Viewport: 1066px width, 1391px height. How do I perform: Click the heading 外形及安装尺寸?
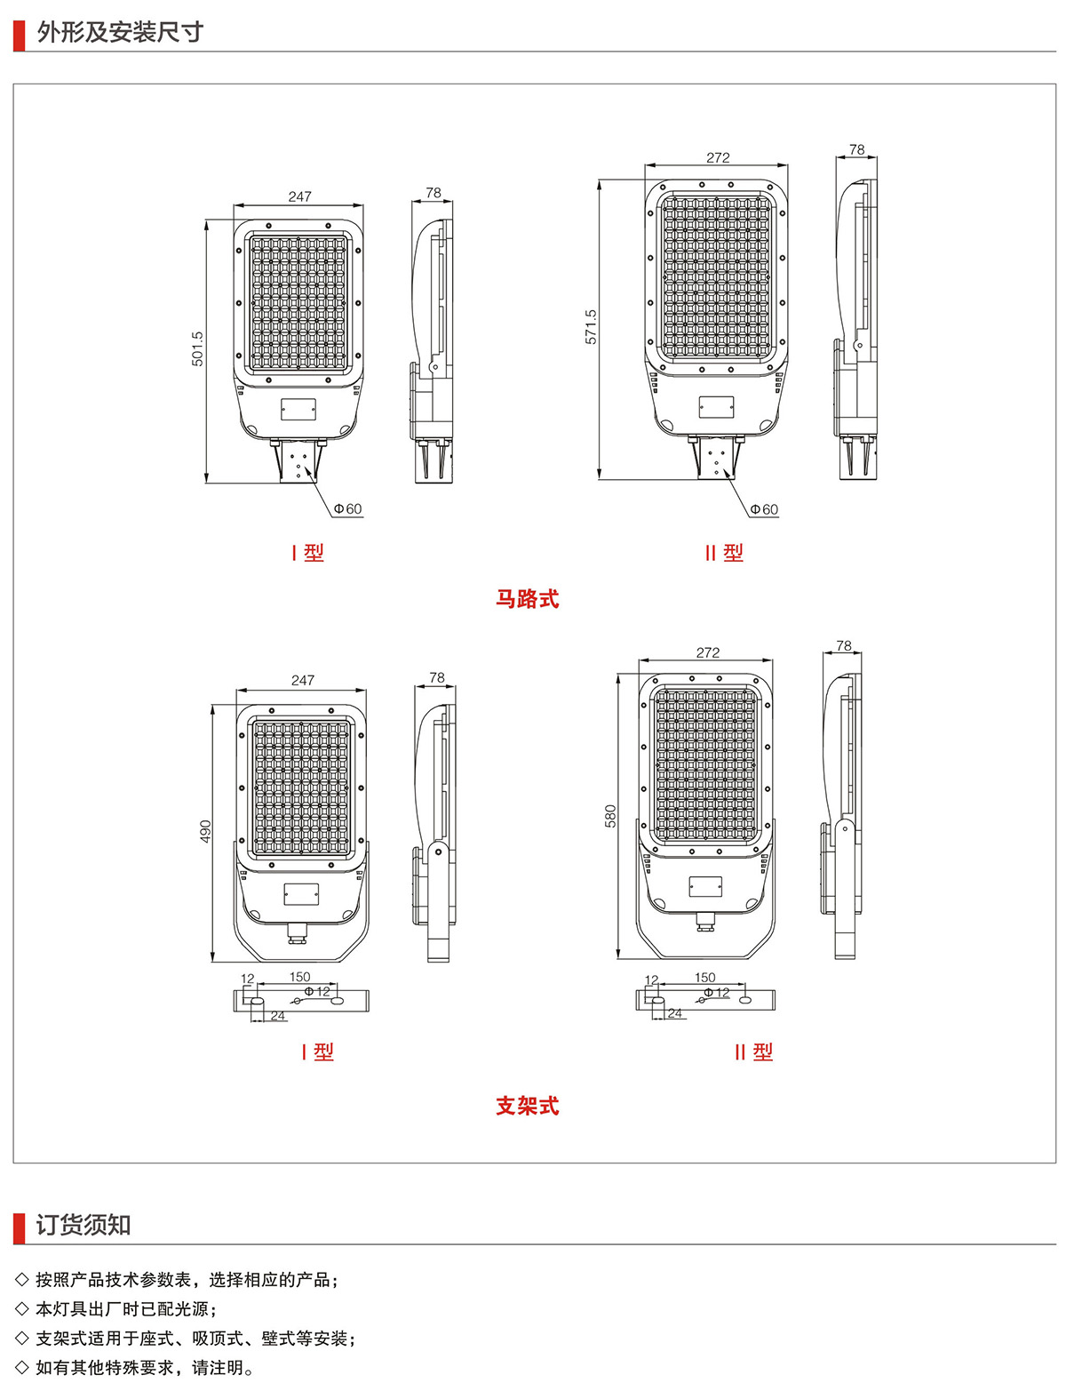pos(120,33)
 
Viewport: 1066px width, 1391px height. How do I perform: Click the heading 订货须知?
pos(84,1225)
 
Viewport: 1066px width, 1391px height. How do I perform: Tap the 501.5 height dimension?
pos(197,348)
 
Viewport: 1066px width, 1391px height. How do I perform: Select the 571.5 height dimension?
pos(591,327)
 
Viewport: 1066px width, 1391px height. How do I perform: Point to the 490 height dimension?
pos(205,832)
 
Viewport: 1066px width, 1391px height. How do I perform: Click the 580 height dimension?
pos(610,816)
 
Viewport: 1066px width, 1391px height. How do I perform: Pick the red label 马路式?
pos(527,599)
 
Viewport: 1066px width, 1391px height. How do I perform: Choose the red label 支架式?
pos(527,1106)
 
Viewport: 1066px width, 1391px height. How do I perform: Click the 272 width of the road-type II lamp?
pos(718,157)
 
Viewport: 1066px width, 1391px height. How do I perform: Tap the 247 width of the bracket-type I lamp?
pos(303,680)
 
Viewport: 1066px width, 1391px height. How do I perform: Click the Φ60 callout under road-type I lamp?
pos(347,509)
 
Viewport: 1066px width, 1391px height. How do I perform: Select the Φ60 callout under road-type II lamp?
pos(763,509)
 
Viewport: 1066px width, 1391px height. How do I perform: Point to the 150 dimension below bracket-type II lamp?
pos(704,977)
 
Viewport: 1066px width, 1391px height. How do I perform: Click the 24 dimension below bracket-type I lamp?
pos(278,1015)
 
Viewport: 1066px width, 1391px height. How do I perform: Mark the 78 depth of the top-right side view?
pos(856,149)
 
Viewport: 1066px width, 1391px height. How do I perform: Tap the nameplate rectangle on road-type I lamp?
pos(298,409)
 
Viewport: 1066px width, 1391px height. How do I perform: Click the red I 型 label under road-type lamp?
pos(307,552)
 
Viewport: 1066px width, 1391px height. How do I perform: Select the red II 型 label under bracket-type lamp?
pos(753,1051)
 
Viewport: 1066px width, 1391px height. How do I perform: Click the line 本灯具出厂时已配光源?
pos(124,1308)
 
